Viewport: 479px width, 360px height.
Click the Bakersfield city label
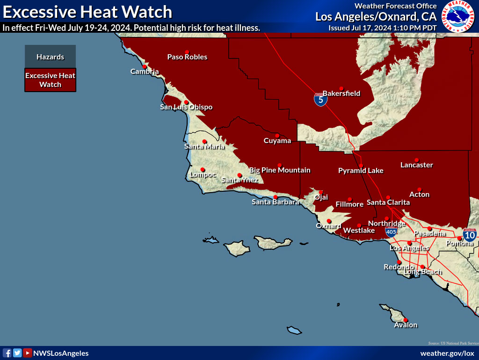pos(341,94)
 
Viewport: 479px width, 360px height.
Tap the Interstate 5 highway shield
pos(320,99)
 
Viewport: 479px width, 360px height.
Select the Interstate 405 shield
pos(392,231)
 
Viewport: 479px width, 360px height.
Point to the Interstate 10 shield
pos(470,235)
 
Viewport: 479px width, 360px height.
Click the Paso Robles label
pos(187,57)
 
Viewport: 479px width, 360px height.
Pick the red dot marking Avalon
pos(405,320)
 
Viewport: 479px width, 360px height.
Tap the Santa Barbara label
pos(275,202)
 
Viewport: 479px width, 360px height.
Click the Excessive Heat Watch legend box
pos(50,80)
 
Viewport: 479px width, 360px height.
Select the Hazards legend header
pos(50,57)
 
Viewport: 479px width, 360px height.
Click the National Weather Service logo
pos(458,17)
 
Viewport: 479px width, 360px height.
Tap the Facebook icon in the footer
pos(7,353)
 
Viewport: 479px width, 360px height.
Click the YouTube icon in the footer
pos(28,353)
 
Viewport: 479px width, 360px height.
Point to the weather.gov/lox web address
pos(447,353)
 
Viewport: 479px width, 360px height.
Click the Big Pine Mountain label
pos(280,170)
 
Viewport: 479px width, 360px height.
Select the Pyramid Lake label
pos(361,171)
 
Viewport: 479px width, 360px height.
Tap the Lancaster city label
pos(416,165)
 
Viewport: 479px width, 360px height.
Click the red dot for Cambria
pos(144,66)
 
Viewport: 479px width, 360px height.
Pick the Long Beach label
pos(422,272)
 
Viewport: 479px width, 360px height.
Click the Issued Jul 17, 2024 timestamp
pos(382,28)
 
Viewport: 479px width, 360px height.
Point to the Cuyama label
pos(277,141)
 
